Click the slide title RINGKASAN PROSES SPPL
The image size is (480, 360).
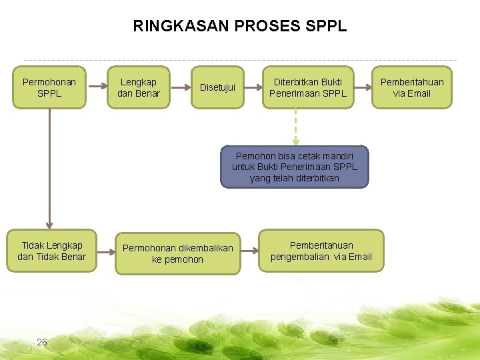(240, 27)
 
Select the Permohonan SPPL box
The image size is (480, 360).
(49, 87)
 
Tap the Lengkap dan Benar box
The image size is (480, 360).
(139, 87)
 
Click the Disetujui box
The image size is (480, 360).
(217, 87)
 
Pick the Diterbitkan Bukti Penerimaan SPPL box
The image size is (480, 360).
(307, 87)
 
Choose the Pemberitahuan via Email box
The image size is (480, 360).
(411, 87)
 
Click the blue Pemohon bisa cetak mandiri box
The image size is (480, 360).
(294, 167)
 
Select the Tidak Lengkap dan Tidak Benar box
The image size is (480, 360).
(51, 251)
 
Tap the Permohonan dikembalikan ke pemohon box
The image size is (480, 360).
(177, 253)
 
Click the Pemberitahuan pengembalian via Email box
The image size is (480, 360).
(321, 251)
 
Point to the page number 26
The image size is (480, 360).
(42, 342)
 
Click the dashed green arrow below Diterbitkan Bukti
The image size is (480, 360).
(295, 127)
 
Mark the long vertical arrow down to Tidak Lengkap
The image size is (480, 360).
(49, 167)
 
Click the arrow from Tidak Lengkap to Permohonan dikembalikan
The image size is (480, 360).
(105, 251)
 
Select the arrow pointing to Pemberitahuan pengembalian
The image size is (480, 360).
(249, 251)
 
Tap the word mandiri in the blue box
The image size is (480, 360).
(344, 155)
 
